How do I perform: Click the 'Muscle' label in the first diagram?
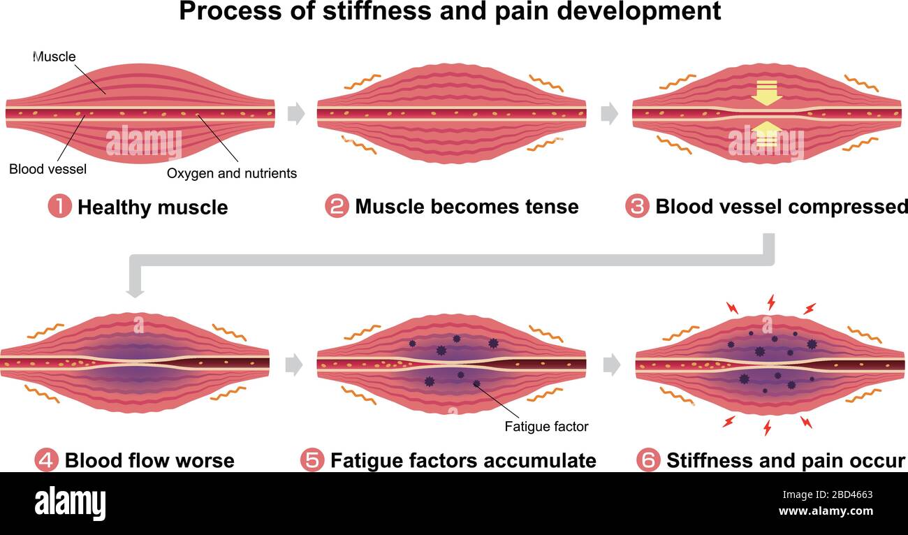point(54,57)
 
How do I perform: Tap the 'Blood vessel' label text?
point(48,169)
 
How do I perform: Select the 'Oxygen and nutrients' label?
point(231,173)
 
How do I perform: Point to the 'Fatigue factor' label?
point(546,426)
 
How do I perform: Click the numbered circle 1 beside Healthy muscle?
point(59,207)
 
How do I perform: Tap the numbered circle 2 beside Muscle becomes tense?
point(337,207)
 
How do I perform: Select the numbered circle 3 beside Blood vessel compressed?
point(637,207)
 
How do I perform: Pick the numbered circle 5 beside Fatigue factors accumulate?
point(312,460)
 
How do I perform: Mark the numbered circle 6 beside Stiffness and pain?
point(648,460)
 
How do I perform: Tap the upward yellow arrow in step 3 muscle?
point(766,134)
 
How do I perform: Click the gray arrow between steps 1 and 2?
point(296,114)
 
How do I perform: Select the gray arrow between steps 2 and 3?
point(609,114)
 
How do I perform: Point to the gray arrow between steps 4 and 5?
point(294,364)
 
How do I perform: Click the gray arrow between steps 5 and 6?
point(611,364)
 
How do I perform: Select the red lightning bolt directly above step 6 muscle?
point(771,302)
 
